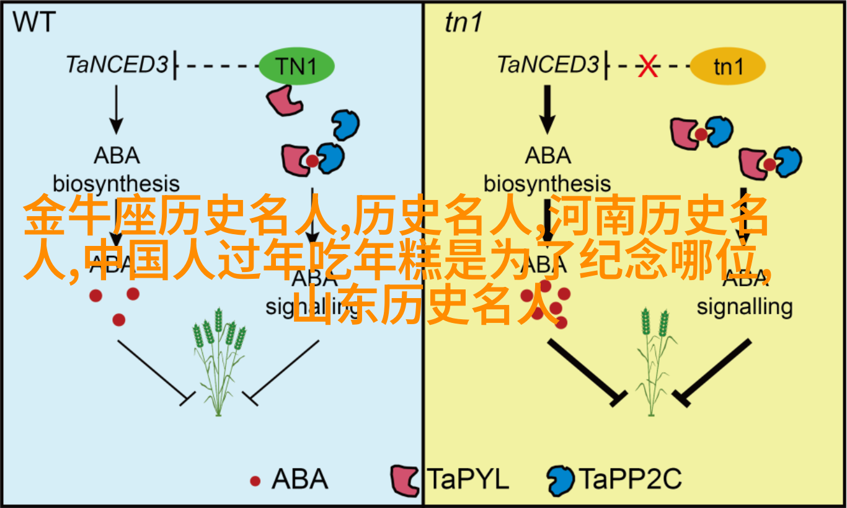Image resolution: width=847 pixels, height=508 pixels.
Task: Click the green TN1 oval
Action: (296, 66)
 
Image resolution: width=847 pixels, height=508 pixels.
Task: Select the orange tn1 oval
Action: (727, 66)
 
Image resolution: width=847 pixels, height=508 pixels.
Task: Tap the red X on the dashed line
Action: (648, 66)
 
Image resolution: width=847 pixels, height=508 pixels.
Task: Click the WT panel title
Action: (35, 23)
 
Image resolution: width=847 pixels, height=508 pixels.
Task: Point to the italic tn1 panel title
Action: (464, 23)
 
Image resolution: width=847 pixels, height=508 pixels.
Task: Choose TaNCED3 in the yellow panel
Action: (549, 65)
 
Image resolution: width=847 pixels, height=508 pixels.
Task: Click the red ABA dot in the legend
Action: (255, 481)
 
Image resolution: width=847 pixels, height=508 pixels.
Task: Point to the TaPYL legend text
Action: (468, 479)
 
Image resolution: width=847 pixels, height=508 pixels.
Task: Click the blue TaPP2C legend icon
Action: (561, 479)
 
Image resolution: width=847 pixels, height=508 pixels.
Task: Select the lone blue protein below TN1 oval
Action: (345, 124)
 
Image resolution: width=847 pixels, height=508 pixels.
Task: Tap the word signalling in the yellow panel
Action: (745, 306)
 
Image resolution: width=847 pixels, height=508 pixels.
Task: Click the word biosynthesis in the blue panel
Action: (116, 184)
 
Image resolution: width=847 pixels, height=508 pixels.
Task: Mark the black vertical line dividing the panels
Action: (423, 373)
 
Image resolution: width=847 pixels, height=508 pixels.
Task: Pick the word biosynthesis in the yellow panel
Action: (547, 184)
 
